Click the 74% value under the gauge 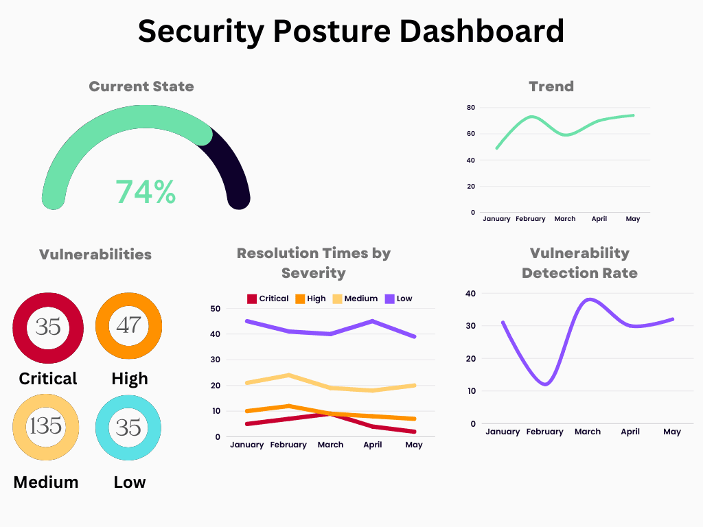pos(146,192)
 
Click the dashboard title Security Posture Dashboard pos(351,31)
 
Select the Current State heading pos(141,86)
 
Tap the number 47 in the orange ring pos(128,325)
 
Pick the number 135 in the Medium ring pos(46,426)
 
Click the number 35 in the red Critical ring pos(48,327)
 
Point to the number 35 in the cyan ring pos(128,427)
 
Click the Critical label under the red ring pos(48,378)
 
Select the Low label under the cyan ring pos(129,482)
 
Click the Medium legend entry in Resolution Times pos(360,298)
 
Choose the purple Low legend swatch pos(389,298)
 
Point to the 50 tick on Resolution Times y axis pos(215,309)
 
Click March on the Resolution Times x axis pos(330,445)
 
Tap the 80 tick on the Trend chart pos(471,108)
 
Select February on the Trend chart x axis pos(530,219)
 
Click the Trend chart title pos(551,86)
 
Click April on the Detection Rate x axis pos(630,432)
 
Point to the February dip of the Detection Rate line pos(545,384)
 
